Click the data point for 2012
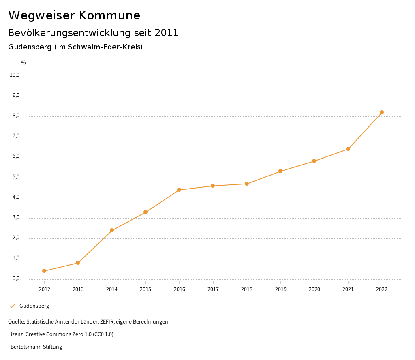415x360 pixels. tap(44, 271)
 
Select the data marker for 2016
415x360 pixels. tap(179, 190)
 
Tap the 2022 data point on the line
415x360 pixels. tap(382, 112)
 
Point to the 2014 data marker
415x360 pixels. tap(112, 230)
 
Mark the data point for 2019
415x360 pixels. tap(280, 171)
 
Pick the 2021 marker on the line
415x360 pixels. tap(348, 149)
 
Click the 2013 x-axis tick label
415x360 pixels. tap(78, 289)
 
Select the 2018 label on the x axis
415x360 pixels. tap(247, 289)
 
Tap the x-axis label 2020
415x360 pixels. tap(314, 289)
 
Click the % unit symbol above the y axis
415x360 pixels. tap(24, 63)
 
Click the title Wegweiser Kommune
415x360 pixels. tap(74, 15)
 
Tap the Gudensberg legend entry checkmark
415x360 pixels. tap(12, 306)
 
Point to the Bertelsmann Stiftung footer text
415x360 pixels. tap(36, 347)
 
